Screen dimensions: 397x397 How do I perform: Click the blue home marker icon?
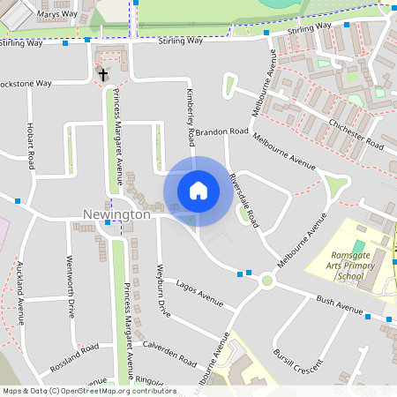198,190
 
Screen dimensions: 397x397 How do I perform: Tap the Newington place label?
116,214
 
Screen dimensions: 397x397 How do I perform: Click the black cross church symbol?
102,74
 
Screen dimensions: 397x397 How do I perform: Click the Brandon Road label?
222,131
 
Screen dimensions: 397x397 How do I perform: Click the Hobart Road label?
31,146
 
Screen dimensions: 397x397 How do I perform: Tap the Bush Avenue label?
340,305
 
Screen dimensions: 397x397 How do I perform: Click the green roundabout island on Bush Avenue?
266,281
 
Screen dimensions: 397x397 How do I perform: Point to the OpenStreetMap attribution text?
88,391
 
